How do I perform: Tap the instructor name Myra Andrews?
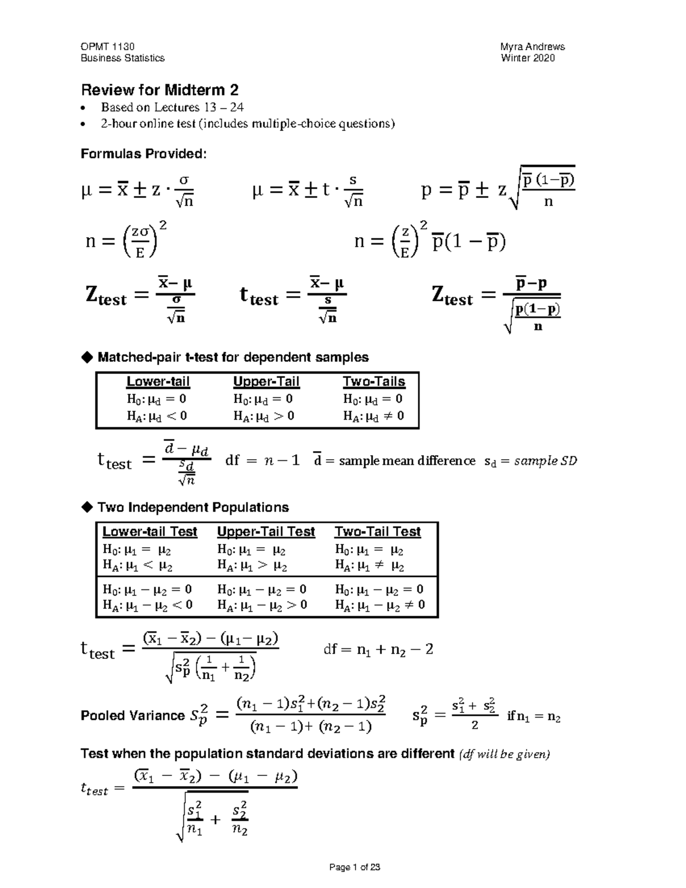(532, 47)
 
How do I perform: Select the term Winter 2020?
(528, 58)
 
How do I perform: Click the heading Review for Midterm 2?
(159, 90)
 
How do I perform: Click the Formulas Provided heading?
(143, 154)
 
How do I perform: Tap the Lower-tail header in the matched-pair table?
(158, 381)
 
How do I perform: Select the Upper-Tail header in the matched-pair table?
(266, 381)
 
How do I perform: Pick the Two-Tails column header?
(374, 381)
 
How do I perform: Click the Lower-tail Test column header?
(150, 532)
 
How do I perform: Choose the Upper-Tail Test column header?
(266, 532)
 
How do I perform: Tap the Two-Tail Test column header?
(377, 532)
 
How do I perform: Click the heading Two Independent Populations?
(193, 508)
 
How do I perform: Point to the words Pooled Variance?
(133, 716)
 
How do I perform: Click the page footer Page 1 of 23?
(354, 867)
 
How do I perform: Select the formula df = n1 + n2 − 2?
(378, 650)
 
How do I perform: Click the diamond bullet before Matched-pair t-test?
(87, 357)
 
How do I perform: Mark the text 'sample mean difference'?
(406, 461)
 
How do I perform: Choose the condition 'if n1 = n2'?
(533, 716)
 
